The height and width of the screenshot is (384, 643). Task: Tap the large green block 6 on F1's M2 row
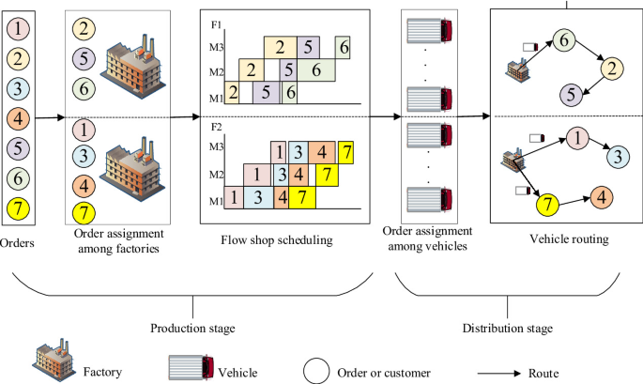click(316, 69)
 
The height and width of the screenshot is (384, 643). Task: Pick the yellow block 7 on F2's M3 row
click(347, 150)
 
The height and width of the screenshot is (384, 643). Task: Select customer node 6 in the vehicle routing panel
click(563, 39)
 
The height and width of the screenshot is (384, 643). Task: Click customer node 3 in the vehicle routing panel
click(616, 156)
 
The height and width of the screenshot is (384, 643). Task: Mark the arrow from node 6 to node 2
click(589, 54)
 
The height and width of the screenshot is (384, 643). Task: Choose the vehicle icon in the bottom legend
click(191, 367)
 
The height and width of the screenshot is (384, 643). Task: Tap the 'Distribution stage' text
click(507, 328)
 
